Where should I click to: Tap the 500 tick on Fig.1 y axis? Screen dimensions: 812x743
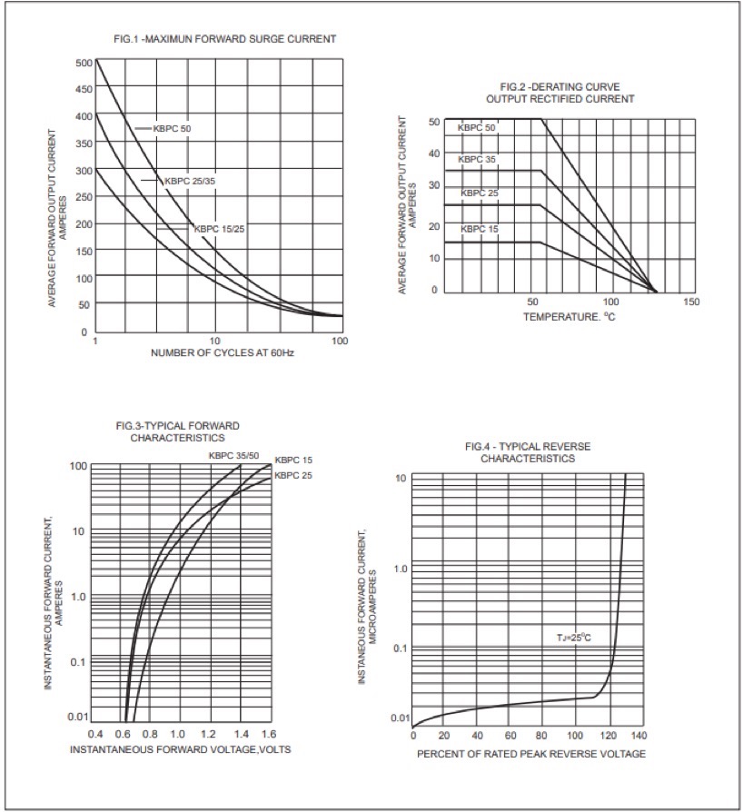tap(84, 63)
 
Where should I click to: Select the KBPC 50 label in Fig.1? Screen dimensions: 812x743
tap(172, 128)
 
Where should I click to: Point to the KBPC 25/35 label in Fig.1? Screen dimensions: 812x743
tap(190, 181)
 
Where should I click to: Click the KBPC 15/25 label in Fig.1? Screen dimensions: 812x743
tap(219, 229)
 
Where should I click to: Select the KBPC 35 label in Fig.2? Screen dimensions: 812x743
tap(477, 160)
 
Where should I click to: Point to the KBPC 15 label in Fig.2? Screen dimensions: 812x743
tap(479, 229)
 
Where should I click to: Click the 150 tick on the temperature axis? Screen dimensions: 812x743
tap(690, 302)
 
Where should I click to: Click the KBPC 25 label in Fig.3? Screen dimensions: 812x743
tap(293, 475)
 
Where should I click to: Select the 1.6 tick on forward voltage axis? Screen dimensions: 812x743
tap(269, 733)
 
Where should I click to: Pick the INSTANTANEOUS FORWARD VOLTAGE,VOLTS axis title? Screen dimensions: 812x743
tap(181, 749)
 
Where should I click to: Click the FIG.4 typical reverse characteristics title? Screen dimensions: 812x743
tap(527, 452)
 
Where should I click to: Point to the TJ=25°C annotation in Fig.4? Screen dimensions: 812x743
tap(574, 638)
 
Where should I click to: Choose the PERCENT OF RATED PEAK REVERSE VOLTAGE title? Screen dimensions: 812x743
tap(531, 754)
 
